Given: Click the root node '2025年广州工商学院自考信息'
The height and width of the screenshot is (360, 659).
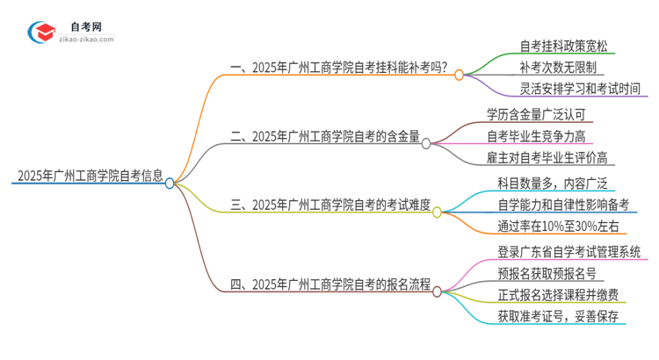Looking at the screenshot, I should coord(88,175).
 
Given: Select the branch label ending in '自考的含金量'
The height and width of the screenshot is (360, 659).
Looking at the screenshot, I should coord(324,136).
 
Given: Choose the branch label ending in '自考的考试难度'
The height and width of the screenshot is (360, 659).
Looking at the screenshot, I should coord(330,205).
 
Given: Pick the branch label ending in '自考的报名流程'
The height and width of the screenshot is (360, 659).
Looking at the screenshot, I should coord(329,284).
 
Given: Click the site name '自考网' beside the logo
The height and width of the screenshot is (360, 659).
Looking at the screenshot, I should coord(86,26).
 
